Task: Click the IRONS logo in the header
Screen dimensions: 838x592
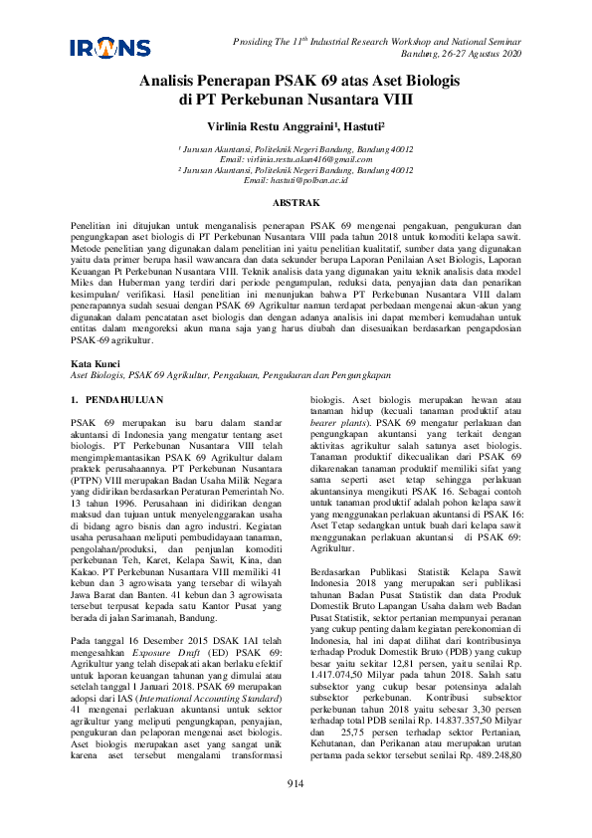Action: pyautogui.click(x=110, y=48)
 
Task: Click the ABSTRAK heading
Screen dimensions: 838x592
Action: pyautogui.click(x=296, y=203)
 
